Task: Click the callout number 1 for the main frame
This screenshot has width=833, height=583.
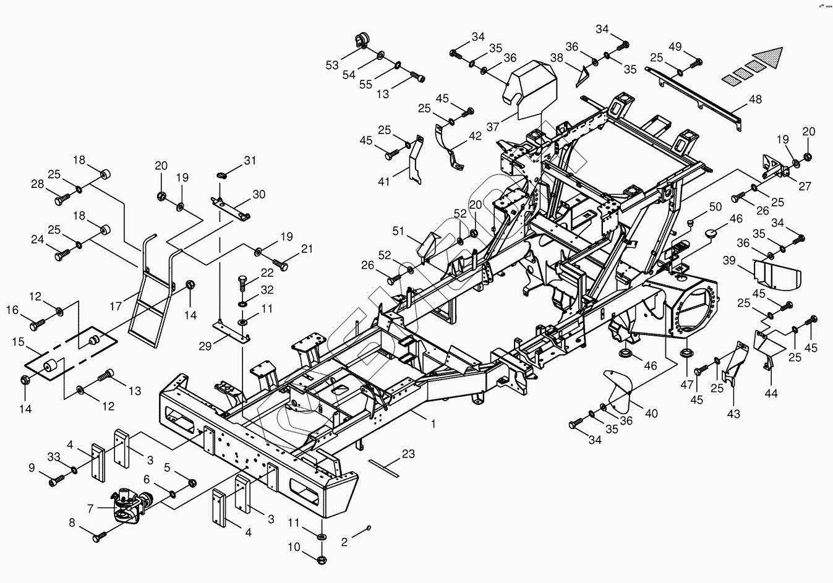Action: click(x=434, y=424)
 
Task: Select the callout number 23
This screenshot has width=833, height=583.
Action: click(x=408, y=454)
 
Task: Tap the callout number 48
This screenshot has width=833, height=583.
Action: click(x=755, y=99)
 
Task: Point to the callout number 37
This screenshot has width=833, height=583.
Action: click(x=493, y=126)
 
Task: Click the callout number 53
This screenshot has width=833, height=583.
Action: click(x=333, y=64)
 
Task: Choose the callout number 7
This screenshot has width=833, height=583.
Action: click(x=90, y=508)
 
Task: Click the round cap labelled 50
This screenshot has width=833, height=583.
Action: click(x=693, y=221)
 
